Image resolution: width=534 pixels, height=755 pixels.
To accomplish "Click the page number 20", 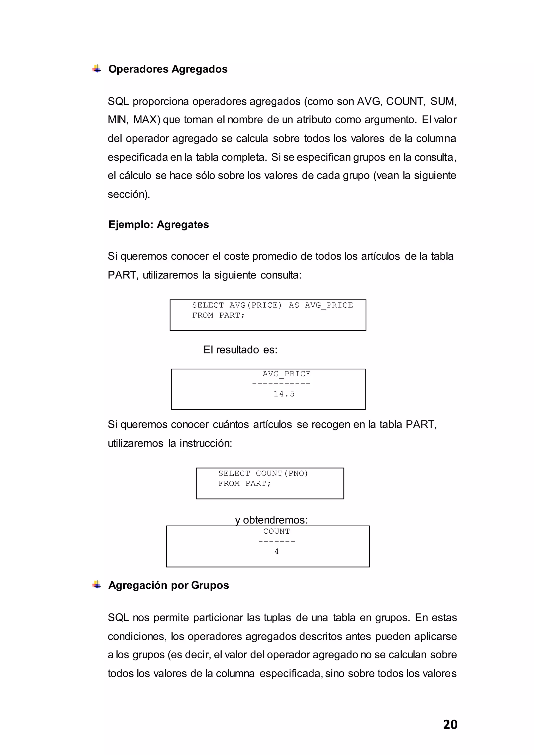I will (450, 724).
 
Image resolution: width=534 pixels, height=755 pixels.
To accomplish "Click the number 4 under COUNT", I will (277, 551).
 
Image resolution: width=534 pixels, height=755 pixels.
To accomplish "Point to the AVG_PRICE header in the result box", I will (286, 374).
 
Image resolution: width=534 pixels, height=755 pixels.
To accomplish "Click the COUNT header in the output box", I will (277, 531).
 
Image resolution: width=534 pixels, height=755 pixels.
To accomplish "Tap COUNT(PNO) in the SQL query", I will (282, 473).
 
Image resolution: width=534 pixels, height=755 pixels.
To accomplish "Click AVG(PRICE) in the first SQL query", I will (256, 305).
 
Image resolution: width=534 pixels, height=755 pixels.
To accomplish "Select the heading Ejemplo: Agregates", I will (159, 224).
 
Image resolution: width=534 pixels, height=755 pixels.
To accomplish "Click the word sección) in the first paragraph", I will (129, 194).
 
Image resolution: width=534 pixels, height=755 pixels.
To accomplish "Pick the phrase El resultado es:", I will (240, 350).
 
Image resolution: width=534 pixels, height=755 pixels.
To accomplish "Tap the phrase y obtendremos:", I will (271, 520).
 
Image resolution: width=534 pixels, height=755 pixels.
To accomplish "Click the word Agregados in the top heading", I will (199, 69).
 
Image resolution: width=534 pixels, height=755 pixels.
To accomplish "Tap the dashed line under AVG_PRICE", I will (281, 384).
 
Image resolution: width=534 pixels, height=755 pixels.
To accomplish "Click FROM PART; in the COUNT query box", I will (244, 484).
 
